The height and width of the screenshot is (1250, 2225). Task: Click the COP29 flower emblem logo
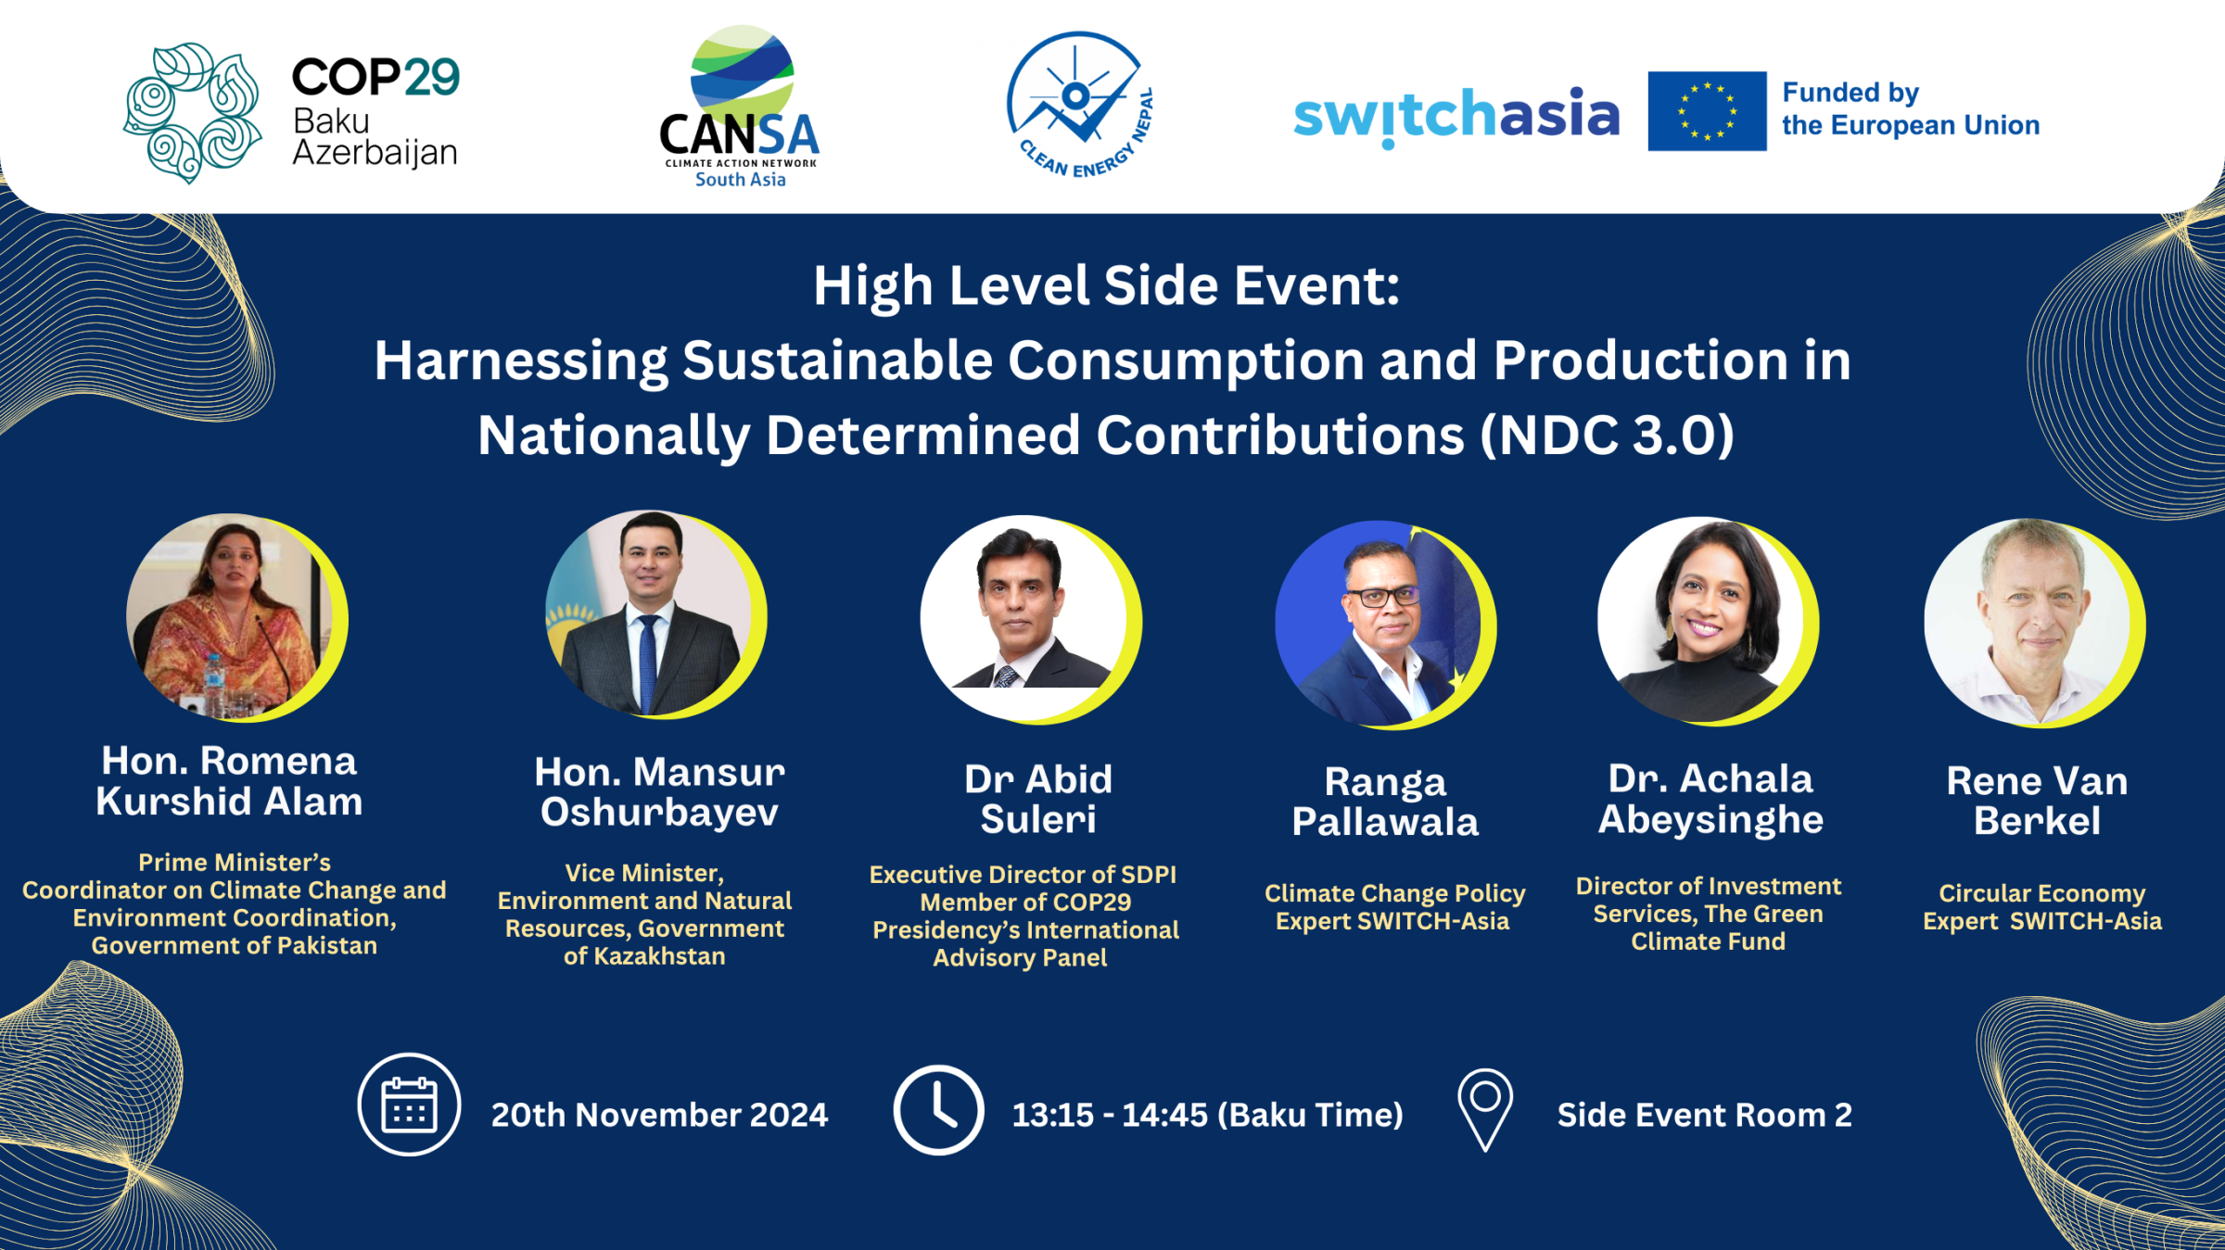(x=193, y=112)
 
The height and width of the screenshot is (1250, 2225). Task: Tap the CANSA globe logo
(x=743, y=74)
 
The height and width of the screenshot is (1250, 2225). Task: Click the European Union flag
(x=1707, y=111)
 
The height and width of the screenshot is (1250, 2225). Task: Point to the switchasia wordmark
(x=1456, y=116)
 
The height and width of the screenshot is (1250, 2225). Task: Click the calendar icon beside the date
(x=409, y=1105)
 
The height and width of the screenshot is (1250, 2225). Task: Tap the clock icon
(x=938, y=1110)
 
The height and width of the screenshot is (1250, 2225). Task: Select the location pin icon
(x=1485, y=1110)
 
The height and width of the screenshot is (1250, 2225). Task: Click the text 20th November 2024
(x=659, y=1115)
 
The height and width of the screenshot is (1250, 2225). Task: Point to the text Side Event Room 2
(x=1704, y=1115)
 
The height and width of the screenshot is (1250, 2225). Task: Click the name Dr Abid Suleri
(x=1038, y=799)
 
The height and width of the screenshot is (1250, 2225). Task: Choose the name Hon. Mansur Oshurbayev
(x=659, y=791)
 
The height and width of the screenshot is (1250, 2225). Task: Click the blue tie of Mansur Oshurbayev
(x=648, y=663)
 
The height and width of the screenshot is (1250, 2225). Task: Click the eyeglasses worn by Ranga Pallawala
(x=1383, y=597)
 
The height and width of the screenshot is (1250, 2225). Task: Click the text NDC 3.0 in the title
(x=1608, y=435)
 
